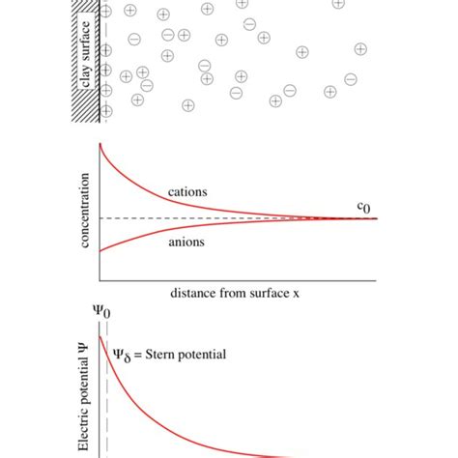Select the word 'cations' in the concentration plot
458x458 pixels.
pyautogui.click(x=188, y=191)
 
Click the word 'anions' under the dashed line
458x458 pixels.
pyautogui.click(x=186, y=243)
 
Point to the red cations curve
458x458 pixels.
pyautogui.click(x=145, y=185)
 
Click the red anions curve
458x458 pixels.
pyautogui.click(x=145, y=239)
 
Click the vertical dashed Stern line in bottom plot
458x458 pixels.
pyautogui.click(x=107, y=406)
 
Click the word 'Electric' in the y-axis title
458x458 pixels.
pyautogui.click(x=86, y=430)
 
